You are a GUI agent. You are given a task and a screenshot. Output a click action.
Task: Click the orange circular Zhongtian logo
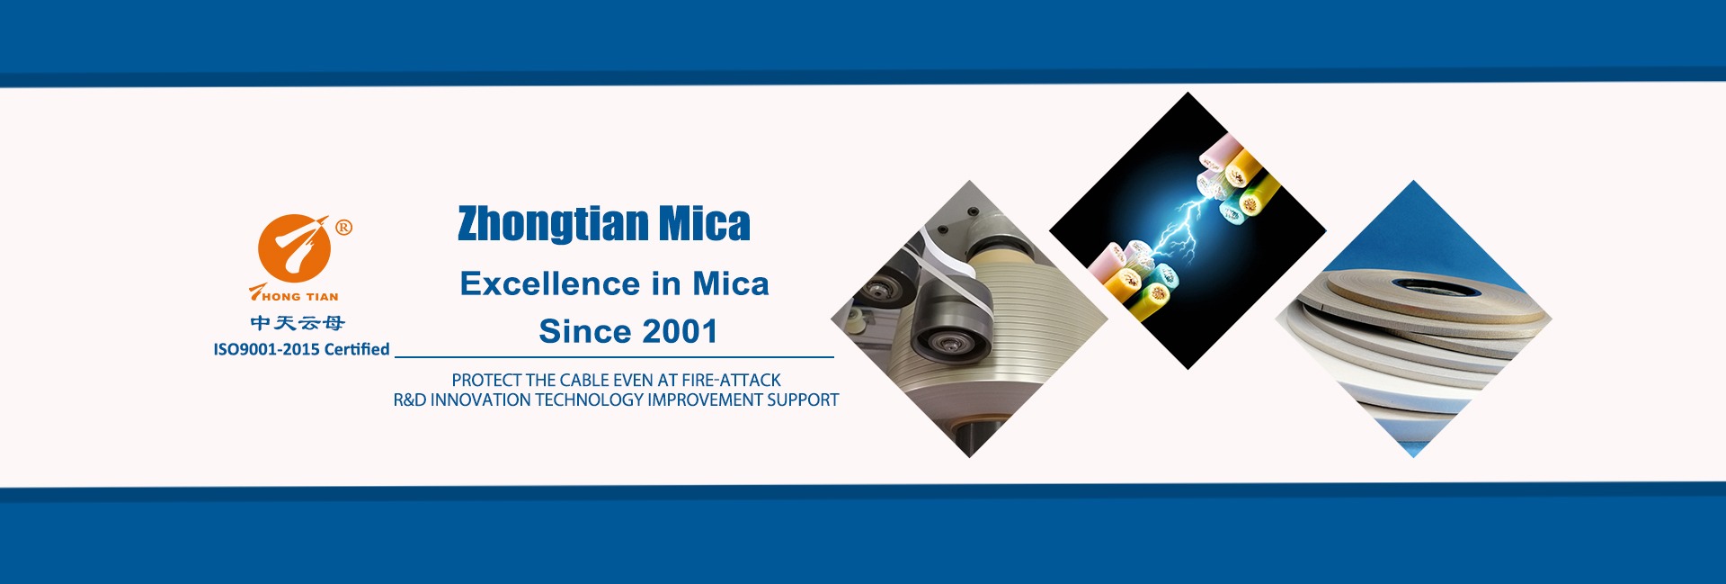(293, 248)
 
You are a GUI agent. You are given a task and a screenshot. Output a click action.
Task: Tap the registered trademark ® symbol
(343, 228)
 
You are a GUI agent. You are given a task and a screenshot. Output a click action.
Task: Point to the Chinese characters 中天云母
(298, 323)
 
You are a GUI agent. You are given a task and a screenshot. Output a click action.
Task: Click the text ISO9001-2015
(266, 349)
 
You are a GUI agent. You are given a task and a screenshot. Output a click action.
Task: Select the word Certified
(357, 349)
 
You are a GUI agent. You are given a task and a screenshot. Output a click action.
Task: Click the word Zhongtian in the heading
(553, 224)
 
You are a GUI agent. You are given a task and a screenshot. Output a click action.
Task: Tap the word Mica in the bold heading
(705, 224)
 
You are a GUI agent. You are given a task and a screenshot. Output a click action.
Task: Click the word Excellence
(551, 283)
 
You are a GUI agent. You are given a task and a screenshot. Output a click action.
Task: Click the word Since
(585, 331)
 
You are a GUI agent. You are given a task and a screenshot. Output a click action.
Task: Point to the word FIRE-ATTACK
(731, 381)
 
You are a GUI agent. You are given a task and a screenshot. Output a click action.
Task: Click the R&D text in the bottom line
(410, 400)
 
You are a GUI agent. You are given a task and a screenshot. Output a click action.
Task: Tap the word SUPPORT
(803, 400)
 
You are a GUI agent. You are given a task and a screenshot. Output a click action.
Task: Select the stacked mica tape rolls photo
(1414, 319)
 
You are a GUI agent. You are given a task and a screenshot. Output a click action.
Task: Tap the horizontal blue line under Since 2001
(614, 357)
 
